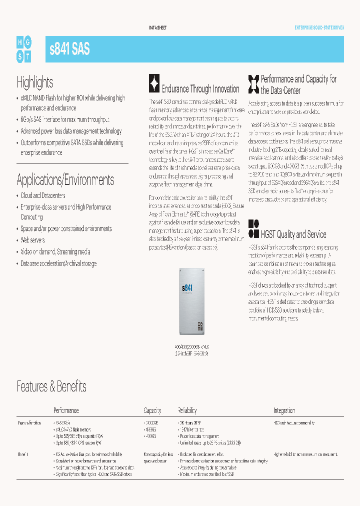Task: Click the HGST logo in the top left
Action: click(23, 49)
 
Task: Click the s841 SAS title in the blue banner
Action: click(70, 49)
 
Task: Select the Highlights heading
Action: click(34, 82)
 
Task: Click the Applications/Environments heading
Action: click(65, 179)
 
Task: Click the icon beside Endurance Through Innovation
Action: click(154, 83)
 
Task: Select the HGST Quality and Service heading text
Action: click(293, 234)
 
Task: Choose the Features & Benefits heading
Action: click(51, 386)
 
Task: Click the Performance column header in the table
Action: click(66, 410)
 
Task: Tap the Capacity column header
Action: click(152, 410)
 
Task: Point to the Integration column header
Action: click(284, 410)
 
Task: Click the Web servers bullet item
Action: click(32, 240)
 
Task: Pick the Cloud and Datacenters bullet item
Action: click(42, 195)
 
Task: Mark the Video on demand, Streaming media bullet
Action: click(55, 251)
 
